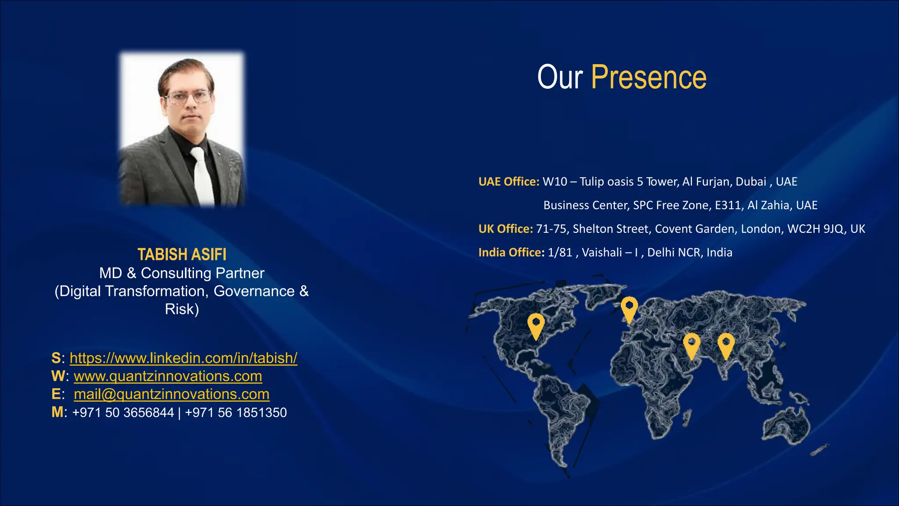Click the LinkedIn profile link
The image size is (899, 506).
click(x=183, y=358)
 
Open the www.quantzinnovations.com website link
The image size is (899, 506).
click(x=168, y=376)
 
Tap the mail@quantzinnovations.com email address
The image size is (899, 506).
click(x=171, y=394)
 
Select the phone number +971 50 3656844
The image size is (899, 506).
click(x=123, y=413)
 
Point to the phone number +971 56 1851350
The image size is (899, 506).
click(x=236, y=413)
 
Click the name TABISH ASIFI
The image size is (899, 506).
click(x=182, y=255)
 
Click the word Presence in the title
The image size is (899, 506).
click(x=648, y=78)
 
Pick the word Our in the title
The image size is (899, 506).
click(x=560, y=78)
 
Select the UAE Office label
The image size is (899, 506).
click(x=508, y=182)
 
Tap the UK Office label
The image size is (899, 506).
click(x=505, y=229)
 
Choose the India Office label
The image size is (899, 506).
click(x=511, y=253)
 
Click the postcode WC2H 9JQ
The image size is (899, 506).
click(x=815, y=229)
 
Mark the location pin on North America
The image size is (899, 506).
click(x=536, y=325)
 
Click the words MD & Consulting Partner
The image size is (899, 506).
click(x=182, y=273)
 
